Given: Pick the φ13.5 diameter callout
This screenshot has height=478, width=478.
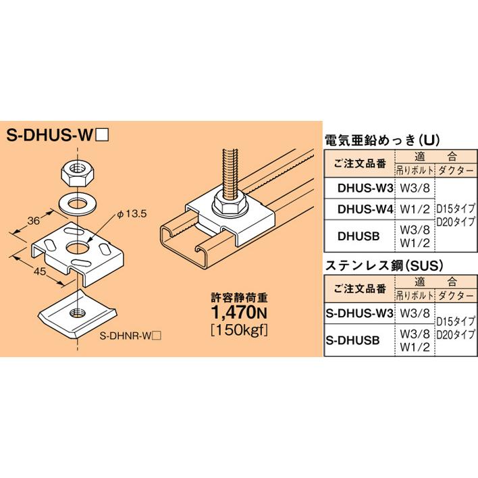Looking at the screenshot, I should point(132,215).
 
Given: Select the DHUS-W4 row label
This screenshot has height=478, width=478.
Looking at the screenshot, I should point(365,209).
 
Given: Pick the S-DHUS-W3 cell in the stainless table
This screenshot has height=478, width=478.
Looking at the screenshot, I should point(358,313).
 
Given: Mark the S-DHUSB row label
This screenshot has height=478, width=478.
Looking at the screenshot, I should point(358,336).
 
